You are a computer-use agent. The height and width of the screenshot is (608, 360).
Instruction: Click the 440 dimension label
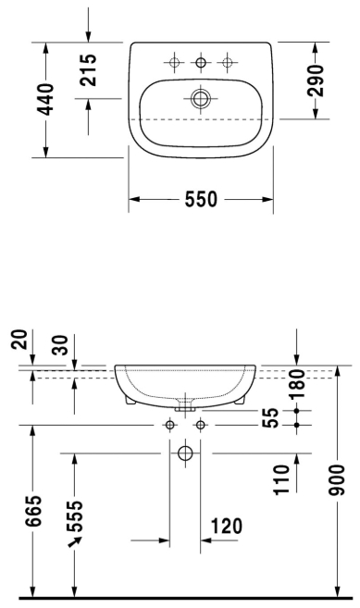[x=46, y=99]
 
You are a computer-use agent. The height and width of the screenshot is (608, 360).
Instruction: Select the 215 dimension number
[x=88, y=69]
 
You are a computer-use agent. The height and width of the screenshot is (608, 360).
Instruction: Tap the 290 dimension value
[x=315, y=81]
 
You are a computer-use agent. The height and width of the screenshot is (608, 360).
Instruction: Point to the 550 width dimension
[x=201, y=199]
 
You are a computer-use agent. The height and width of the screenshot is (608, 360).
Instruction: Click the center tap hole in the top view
[x=201, y=62]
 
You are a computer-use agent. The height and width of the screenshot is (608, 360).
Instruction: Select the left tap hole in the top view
[x=174, y=62]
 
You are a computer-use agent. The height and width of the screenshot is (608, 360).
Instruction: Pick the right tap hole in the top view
[x=228, y=62]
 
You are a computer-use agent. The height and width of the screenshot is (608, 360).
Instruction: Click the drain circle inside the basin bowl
[x=201, y=98]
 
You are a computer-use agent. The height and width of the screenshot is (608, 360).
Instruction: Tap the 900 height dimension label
[x=336, y=479]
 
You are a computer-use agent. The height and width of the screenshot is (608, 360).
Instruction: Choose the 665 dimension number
[x=33, y=510]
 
